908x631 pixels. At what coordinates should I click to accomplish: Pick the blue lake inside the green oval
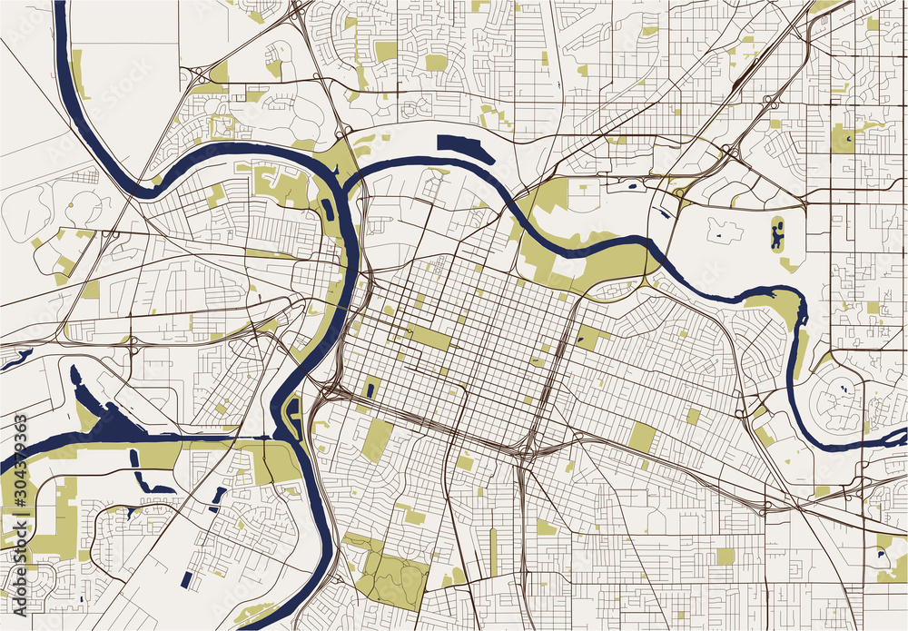777,236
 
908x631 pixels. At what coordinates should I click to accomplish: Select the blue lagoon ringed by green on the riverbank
296,415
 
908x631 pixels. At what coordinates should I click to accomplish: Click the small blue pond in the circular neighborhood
844,389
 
